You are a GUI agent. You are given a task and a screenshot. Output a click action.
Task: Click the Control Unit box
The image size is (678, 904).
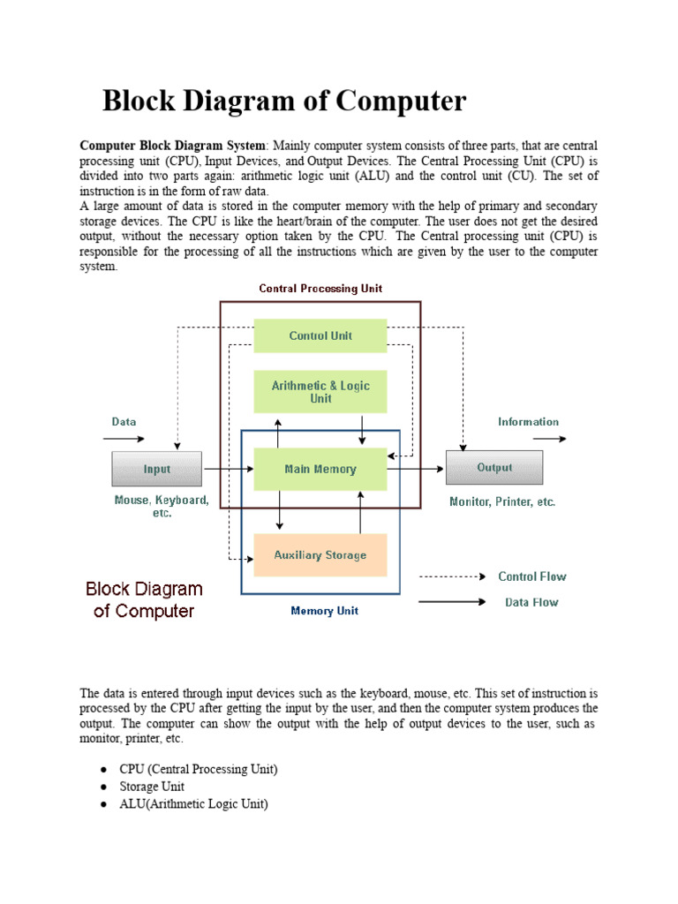coord(320,335)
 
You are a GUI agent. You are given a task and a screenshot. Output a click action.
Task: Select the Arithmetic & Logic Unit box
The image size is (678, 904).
coord(320,392)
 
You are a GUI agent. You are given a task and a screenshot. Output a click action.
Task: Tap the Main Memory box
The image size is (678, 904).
coord(320,469)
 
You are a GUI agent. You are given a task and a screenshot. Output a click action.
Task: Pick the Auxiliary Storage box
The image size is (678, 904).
coord(320,555)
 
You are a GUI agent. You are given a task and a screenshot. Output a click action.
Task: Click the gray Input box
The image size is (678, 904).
coord(157,469)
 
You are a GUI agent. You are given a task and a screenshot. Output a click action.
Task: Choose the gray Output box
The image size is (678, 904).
coord(494,468)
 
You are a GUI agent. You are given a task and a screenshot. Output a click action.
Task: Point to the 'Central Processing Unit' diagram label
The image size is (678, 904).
coord(320,289)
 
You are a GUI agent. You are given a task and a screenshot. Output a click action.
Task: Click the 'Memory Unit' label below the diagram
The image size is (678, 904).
coord(324,611)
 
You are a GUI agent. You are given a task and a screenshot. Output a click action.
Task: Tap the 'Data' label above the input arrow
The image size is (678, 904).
coord(124,422)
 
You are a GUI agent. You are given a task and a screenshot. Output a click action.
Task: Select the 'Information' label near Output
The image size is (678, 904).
coord(528,422)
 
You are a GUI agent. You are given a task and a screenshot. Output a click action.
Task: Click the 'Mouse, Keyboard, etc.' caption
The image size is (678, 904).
coord(162,506)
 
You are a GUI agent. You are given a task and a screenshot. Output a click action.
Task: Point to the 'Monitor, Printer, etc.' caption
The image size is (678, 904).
coord(502,501)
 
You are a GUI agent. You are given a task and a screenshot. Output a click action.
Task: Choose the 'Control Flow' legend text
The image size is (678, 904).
coord(532,576)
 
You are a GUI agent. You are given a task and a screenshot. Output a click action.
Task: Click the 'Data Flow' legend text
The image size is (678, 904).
coord(531,603)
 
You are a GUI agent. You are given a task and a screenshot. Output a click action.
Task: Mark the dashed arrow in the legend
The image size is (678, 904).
coord(452,576)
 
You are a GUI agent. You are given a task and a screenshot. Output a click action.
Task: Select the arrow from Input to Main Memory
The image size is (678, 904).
coord(228,469)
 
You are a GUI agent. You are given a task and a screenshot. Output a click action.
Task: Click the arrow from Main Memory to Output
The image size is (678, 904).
coord(416,469)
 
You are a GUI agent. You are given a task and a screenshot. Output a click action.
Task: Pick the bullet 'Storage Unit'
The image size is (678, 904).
coord(152,787)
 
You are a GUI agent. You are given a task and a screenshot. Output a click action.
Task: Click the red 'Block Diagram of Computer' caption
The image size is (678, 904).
coord(144,599)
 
